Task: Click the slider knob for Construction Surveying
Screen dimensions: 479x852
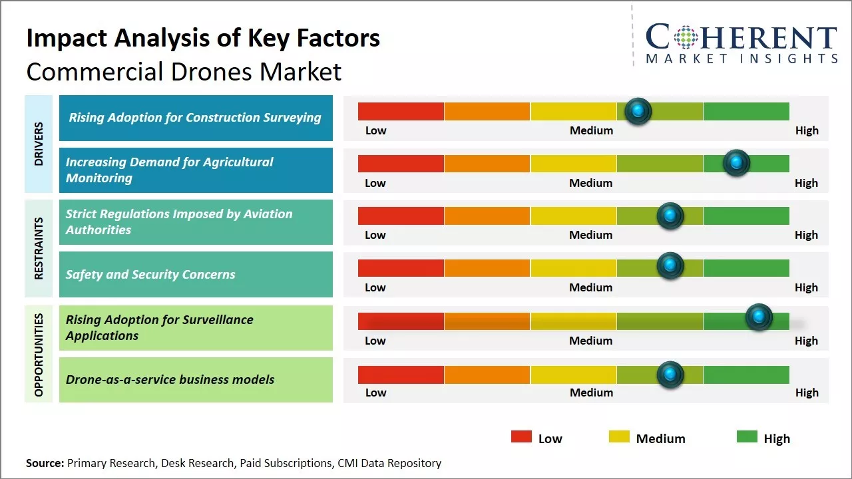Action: [638, 111]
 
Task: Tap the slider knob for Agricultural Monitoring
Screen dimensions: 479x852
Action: [736, 163]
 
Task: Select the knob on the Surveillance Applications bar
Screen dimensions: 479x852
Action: [759, 317]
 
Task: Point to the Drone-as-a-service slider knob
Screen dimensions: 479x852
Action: [670, 375]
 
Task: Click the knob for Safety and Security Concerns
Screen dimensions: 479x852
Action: [670, 266]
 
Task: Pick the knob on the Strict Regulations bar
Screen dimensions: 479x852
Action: [670, 216]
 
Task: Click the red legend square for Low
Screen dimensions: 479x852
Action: [521, 437]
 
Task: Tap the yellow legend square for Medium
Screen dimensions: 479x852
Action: [619, 437]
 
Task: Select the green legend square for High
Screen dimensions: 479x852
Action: [747, 437]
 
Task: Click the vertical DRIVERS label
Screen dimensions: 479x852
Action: [39, 143]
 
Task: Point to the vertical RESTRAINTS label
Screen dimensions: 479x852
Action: [39, 248]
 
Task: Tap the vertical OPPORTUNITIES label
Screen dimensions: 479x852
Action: [39, 354]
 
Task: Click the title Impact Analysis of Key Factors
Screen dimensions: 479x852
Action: [203, 38]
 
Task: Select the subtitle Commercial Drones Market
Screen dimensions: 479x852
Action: [184, 71]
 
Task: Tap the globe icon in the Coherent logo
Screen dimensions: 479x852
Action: [685, 37]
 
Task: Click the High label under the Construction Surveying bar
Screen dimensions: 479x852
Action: [807, 130]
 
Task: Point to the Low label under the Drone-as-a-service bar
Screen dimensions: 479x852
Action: [375, 393]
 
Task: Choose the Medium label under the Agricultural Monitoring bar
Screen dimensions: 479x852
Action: [591, 183]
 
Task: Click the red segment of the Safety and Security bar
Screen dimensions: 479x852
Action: [401, 268]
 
